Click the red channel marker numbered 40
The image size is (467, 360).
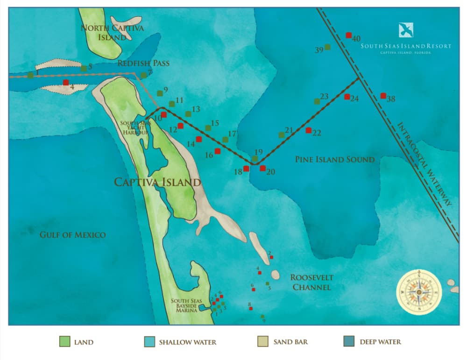tap(348, 35)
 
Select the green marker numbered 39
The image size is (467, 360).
tap(327, 47)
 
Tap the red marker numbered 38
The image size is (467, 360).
tap(383, 96)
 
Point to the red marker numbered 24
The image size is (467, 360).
tap(347, 97)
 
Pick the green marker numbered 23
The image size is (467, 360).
tap(317, 101)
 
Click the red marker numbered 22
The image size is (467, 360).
tap(308, 130)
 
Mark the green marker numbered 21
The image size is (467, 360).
tap(281, 135)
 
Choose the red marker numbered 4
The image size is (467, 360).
tap(66, 83)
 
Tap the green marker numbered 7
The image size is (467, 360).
tap(143, 75)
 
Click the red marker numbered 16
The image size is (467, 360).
tap(217, 151)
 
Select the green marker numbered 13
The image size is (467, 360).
tap(188, 114)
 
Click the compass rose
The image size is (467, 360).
tap(419, 292)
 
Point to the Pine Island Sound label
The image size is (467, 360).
tap(334, 160)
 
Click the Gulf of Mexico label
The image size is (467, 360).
tap(72, 235)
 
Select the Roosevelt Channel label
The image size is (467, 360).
tap(312, 282)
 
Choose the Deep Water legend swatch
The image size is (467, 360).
tap(348, 341)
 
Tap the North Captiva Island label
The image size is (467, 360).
tap(112, 33)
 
